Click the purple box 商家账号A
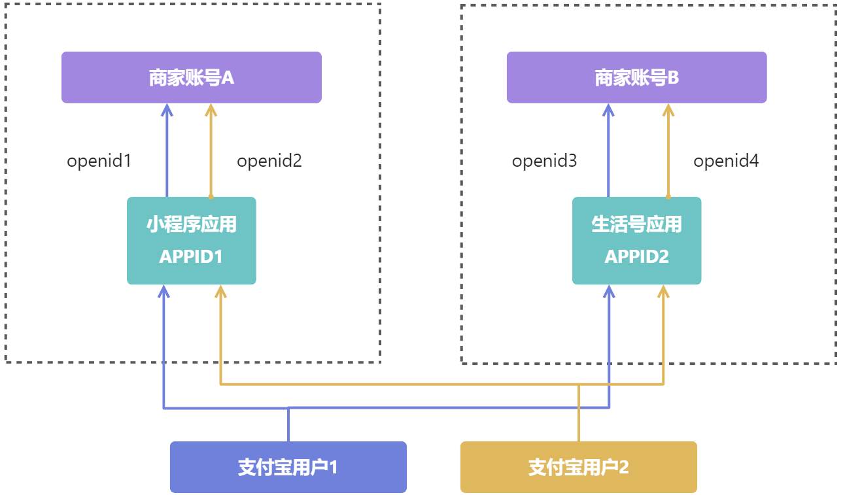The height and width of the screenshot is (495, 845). pos(191,78)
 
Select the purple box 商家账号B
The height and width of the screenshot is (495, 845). pos(636,78)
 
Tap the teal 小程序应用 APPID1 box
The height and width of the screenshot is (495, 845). pos(191,241)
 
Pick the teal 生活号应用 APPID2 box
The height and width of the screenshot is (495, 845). pos(636,241)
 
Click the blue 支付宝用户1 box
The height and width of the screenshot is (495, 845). pos(288,467)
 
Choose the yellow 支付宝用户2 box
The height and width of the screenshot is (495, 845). pos(578,467)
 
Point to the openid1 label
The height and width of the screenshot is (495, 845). pos(99,161)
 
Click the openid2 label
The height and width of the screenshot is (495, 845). pos(269,161)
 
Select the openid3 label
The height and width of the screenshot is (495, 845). pos(545,161)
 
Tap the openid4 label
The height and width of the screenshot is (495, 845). pos(726,161)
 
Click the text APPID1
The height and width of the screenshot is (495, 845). pos(191,257)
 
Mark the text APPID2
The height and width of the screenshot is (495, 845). pos(636,257)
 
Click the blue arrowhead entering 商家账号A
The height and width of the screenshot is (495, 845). pos(167,109)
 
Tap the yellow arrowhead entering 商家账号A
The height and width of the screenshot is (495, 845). pos(211,109)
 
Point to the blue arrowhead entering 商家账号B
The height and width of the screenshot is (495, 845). pos(609,109)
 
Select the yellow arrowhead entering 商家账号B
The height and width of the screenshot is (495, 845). pos(668,109)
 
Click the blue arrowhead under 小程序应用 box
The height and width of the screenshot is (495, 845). pos(164,291)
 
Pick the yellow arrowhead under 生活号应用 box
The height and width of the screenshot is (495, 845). pos(663,291)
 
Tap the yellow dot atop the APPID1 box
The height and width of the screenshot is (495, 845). pos(211,196)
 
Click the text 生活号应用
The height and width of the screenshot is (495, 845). pos(636,225)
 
